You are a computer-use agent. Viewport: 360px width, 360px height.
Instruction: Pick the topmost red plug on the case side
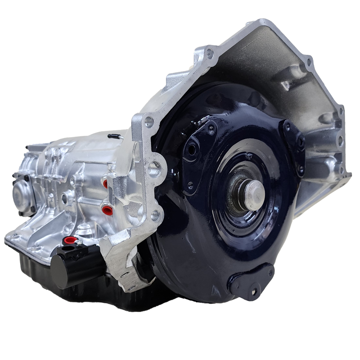tap(105, 184)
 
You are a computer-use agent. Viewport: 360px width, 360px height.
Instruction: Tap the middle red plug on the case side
tap(107, 210)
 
